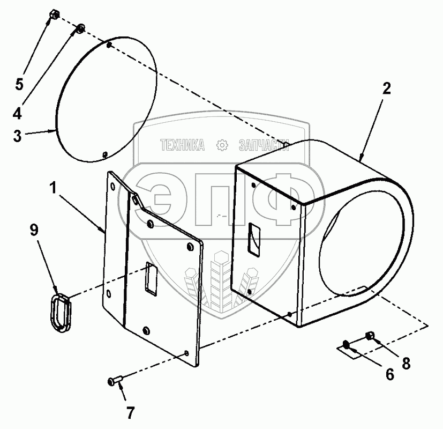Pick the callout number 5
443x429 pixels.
tap(19, 84)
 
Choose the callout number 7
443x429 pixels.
tap(130, 413)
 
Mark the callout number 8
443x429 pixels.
tap(406, 363)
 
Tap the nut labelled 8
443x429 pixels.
tap(370, 336)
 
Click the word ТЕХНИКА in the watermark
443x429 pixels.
tap(182, 145)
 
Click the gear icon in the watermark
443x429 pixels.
tap(221, 145)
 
